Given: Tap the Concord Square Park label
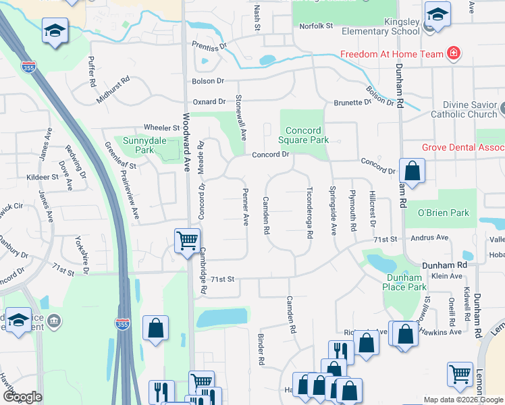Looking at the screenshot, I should (307, 135).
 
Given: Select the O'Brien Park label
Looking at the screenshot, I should (442, 213).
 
